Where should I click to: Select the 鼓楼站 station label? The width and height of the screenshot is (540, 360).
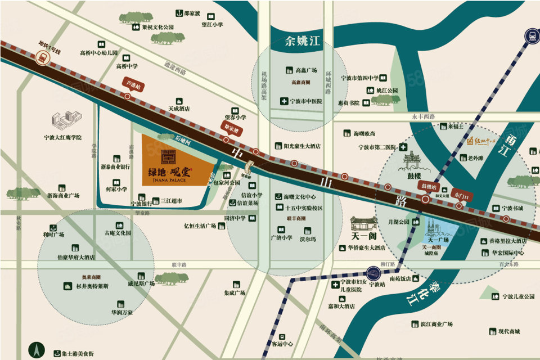click(425, 184)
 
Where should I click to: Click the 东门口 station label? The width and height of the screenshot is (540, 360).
click(461, 195)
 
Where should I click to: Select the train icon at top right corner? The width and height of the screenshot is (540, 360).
click(530, 36)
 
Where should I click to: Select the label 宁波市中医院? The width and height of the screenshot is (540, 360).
click(306, 101)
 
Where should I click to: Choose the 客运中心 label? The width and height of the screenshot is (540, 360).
click(282, 344)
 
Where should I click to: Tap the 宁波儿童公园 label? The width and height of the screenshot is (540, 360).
click(517, 296)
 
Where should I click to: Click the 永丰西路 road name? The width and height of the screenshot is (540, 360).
click(424, 117)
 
